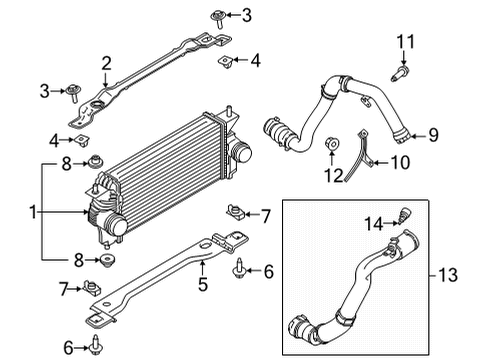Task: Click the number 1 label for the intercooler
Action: coord(33,212)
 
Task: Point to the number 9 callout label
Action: coord(433,133)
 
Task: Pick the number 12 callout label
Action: coord(332,177)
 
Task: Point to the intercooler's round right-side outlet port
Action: coord(241,154)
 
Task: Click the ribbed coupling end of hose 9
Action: coord(274,132)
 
